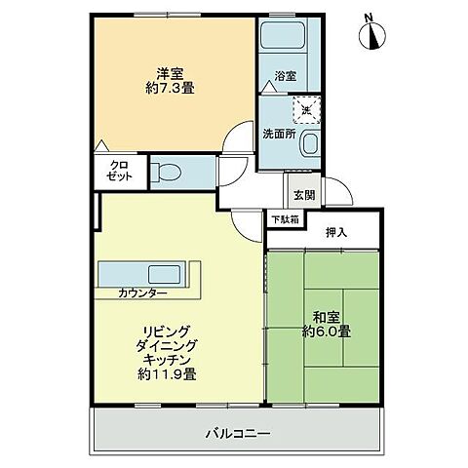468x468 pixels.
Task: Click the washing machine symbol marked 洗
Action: click(307, 109)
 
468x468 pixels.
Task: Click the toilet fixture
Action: click(168, 174)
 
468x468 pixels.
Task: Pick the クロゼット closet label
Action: click(120, 172)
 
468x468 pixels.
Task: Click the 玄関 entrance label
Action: click(302, 195)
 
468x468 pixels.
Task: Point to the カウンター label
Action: click(142, 293)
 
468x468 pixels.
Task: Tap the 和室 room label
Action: click(326, 317)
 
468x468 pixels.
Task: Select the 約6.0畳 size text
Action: click(326, 331)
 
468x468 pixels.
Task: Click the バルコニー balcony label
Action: click(237, 432)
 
